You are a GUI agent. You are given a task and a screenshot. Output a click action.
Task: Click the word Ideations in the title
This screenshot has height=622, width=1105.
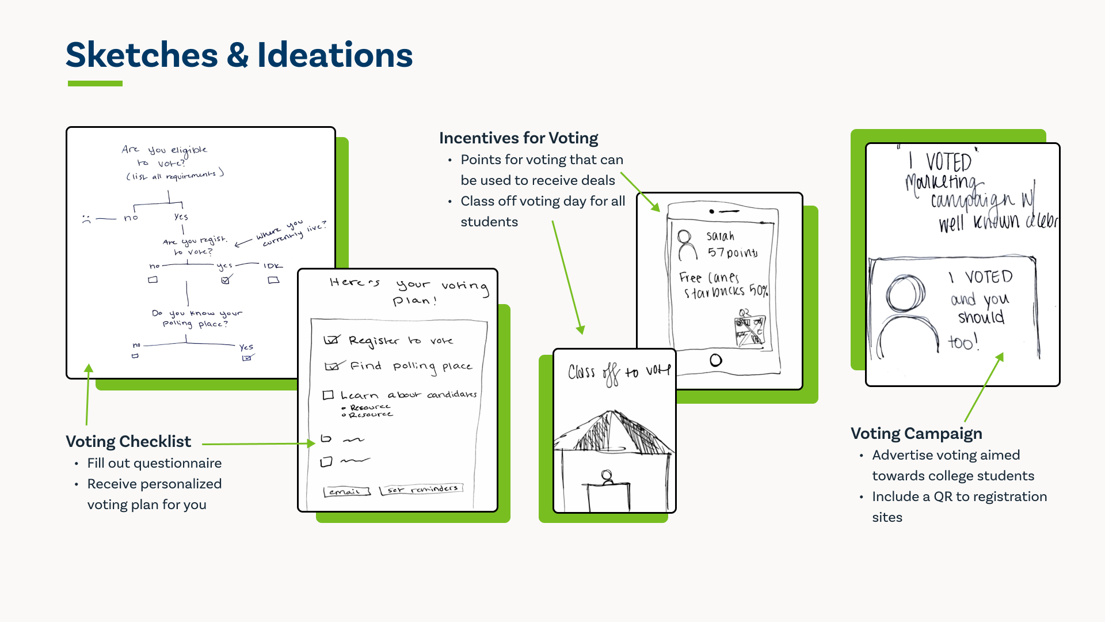coord(335,55)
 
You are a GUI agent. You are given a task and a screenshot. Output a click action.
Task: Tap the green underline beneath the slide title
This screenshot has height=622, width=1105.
coord(95,84)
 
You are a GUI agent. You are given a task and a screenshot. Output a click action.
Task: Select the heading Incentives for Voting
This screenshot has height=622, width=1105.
coord(519,138)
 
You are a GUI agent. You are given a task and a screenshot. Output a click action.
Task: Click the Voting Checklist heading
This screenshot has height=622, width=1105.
coord(128,442)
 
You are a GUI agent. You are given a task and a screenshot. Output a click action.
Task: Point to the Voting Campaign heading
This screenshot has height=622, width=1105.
coord(916,434)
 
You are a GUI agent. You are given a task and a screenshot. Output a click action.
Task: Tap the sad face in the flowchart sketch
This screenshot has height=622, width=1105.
coord(86,219)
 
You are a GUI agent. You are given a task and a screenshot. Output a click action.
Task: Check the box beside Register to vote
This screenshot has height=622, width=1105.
coord(331,340)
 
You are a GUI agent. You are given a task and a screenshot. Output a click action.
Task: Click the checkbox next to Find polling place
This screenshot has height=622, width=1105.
coord(332,366)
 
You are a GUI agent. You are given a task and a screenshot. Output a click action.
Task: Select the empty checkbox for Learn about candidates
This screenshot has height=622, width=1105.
coord(328,395)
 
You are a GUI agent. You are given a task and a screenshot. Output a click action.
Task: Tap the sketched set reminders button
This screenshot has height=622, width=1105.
coord(421,490)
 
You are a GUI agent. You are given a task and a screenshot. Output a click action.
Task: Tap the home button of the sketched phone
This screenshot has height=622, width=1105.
coord(716,361)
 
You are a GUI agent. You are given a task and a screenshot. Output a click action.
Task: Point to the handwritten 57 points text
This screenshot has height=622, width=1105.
coord(732,252)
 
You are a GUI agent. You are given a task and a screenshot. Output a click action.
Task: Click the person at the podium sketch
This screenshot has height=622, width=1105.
coord(607,477)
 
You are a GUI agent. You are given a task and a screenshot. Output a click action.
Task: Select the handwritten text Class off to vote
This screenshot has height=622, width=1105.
coord(619,373)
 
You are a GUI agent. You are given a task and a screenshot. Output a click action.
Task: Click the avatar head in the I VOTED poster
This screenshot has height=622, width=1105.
coord(905,294)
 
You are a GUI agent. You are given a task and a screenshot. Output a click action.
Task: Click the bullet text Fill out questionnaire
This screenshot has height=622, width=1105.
coord(154,464)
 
